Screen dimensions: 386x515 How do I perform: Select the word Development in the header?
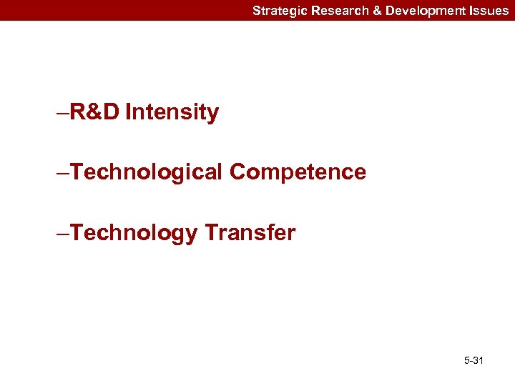[x=421, y=11]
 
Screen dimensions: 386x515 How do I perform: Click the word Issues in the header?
[x=489, y=11]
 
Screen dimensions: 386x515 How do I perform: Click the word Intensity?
[x=172, y=113]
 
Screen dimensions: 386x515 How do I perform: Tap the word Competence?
[x=298, y=172]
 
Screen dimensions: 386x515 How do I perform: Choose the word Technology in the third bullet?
[x=133, y=233]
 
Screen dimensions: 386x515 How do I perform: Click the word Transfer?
[x=250, y=233]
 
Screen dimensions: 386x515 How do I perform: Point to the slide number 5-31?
[x=474, y=361]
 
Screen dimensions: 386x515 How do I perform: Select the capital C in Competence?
[x=238, y=172]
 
